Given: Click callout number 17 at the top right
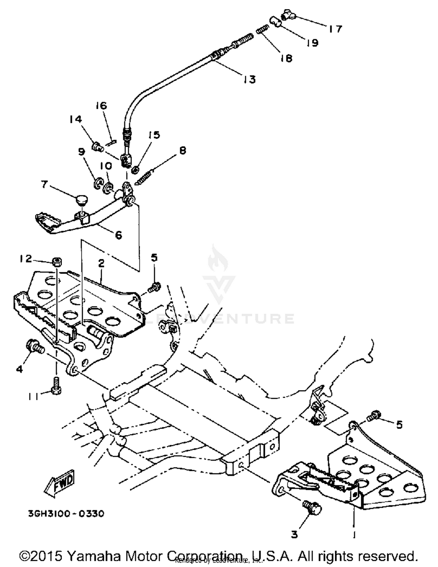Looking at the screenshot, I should tap(335, 29).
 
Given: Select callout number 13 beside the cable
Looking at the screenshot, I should tap(250, 79).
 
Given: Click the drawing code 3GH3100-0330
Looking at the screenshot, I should tap(66, 513).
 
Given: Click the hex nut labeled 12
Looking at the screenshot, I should tap(57, 261).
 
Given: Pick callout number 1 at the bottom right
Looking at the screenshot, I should tap(354, 534).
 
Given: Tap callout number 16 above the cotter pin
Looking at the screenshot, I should tap(101, 106).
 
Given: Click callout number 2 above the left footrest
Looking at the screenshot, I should tap(101, 264).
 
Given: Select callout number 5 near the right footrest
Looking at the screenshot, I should tap(399, 424).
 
